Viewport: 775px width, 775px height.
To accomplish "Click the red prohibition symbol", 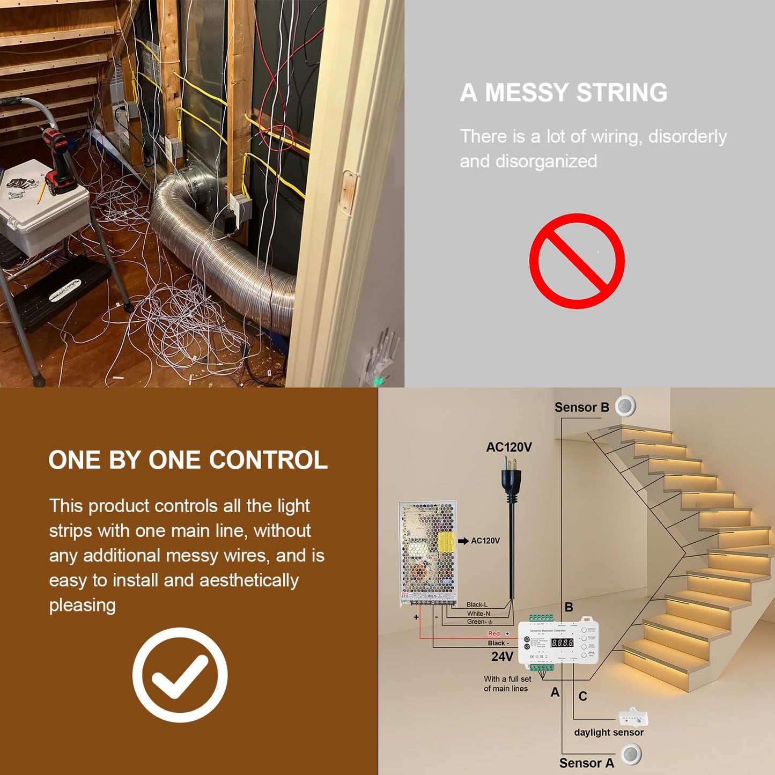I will (x=577, y=261).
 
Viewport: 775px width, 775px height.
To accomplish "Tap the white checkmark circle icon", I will (x=180, y=675).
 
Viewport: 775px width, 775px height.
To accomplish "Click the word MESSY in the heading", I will (x=527, y=92).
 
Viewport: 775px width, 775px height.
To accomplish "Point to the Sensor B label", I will (x=581, y=408).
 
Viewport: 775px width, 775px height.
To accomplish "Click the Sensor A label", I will (x=586, y=763).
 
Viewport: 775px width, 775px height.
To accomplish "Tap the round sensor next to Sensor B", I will (x=625, y=406).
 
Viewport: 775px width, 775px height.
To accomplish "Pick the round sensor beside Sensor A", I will (x=632, y=755).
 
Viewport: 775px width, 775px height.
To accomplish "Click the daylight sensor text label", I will (x=609, y=733).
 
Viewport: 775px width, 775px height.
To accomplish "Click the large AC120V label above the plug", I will (x=508, y=447).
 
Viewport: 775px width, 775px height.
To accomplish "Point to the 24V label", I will (x=502, y=656).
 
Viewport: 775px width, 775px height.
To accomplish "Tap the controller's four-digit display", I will (x=562, y=643).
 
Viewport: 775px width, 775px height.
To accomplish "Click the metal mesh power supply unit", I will (x=427, y=552).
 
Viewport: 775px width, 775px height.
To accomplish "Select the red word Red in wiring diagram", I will (x=494, y=633).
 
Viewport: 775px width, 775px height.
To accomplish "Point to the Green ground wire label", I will (x=477, y=622).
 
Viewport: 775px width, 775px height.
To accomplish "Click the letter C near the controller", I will (x=583, y=696).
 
